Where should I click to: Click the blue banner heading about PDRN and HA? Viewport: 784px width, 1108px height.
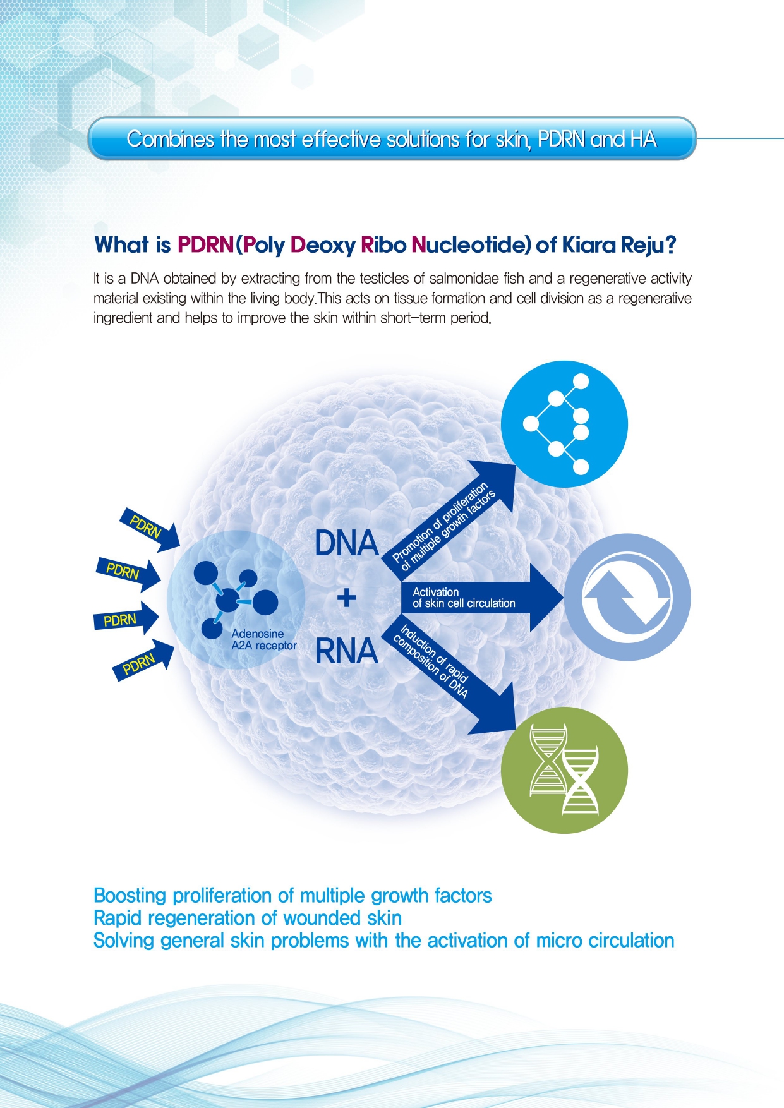pos(392,138)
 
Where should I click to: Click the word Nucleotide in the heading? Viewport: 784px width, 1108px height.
pos(471,244)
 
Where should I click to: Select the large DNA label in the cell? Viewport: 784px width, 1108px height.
pos(346,543)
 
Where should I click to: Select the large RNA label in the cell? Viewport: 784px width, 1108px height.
pos(346,651)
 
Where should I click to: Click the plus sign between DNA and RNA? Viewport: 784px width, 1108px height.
pos(346,597)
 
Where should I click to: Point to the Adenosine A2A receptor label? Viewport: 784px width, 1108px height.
pos(264,639)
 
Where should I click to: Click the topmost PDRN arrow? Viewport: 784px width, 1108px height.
pos(150,529)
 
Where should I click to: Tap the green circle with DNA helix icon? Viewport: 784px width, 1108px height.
pos(564,771)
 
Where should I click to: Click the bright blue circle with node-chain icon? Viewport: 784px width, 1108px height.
pos(564,424)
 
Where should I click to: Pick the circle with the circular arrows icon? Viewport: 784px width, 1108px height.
pos(627,598)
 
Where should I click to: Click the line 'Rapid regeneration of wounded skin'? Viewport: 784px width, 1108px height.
pos(248,918)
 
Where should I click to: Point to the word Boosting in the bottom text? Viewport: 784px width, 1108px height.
pos(130,896)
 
